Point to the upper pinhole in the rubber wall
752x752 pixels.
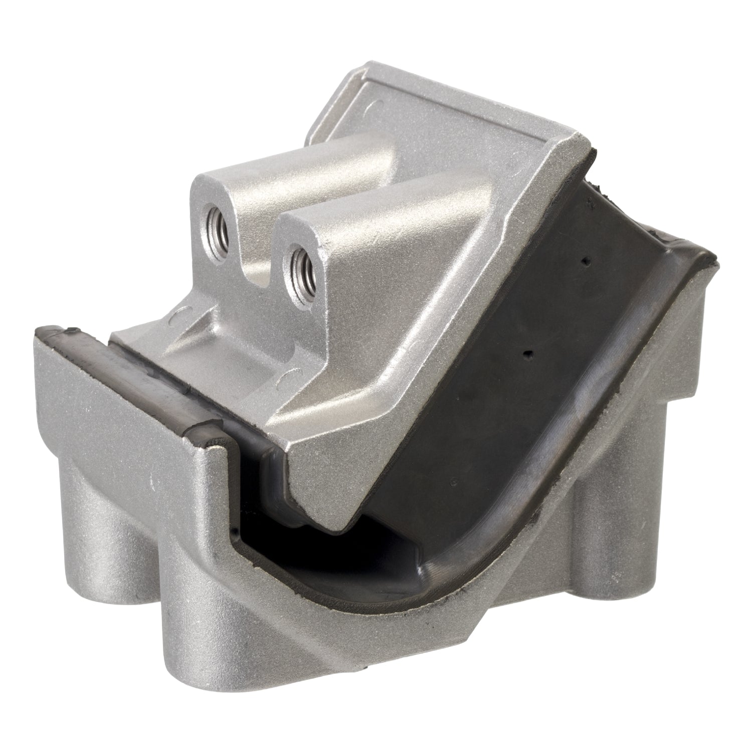[586, 260]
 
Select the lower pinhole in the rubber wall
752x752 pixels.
[526, 354]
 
